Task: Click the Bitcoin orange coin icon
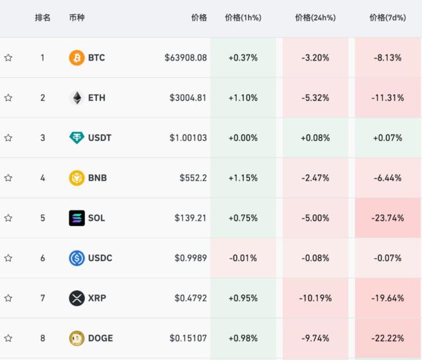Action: point(77,58)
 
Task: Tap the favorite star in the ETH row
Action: point(9,98)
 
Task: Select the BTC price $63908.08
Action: point(186,58)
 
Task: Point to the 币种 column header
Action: point(76,18)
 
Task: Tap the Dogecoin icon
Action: point(77,338)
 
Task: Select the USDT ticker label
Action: point(100,138)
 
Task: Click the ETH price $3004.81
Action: point(188,98)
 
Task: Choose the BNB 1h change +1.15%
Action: point(243,178)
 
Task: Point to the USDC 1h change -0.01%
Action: point(243,258)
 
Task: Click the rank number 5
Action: point(43,218)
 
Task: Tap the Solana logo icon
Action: point(77,218)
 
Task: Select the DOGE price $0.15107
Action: point(188,338)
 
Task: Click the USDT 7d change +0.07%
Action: point(387,138)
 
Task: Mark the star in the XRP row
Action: point(9,298)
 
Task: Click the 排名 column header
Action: point(43,18)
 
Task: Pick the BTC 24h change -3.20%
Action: point(315,58)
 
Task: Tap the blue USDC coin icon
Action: point(77,258)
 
